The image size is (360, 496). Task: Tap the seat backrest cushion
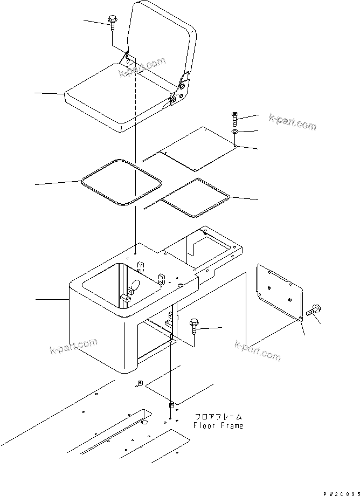coord(162,43)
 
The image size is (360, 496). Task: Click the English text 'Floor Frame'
coord(218,425)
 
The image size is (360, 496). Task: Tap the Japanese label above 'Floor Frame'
coord(218,417)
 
